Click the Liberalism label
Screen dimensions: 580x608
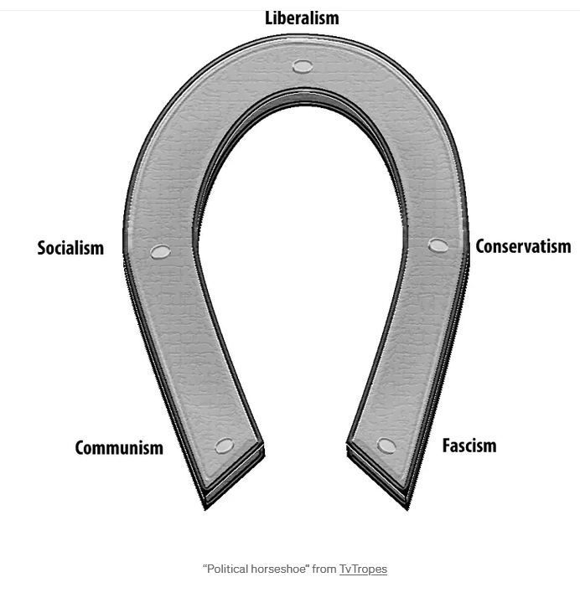pyautogui.click(x=302, y=18)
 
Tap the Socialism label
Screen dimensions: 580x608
pyautogui.click(x=70, y=248)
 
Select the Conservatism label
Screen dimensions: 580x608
pyautogui.click(x=523, y=246)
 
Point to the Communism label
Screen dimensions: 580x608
pyautogui.click(x=119, y=447)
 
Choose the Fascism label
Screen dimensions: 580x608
pyautogui.click(x=469, y=446)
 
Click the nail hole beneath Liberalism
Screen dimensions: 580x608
pyautogui.click(x=303, y=67)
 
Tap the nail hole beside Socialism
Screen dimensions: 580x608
pyautogui.click(x=160, y=251)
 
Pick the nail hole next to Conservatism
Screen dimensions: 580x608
pyautogui.click(x=438, y=245)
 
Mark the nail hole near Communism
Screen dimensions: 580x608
pyautogui.click(x=225, y=446)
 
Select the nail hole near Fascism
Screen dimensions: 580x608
pyautogui.click(x=386, y=446)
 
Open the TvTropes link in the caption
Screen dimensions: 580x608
pyautogui.click(x=363, y=569)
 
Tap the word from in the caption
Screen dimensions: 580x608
pyautogui.click(x=324, y=569)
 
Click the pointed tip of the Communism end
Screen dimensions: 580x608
pyautogui.click(x=205, y=509)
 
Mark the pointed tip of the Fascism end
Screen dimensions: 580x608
pyautogui.click(x=407, y=509)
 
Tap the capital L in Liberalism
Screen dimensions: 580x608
pyautogui.click(x=269, y=18)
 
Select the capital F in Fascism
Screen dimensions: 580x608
pyautogui.click(x=447, y=446)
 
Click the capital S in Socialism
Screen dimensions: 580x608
pyautogui.click(x=42, y=248)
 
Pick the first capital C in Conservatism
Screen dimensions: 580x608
pyautogui.click(x=480, y=246)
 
